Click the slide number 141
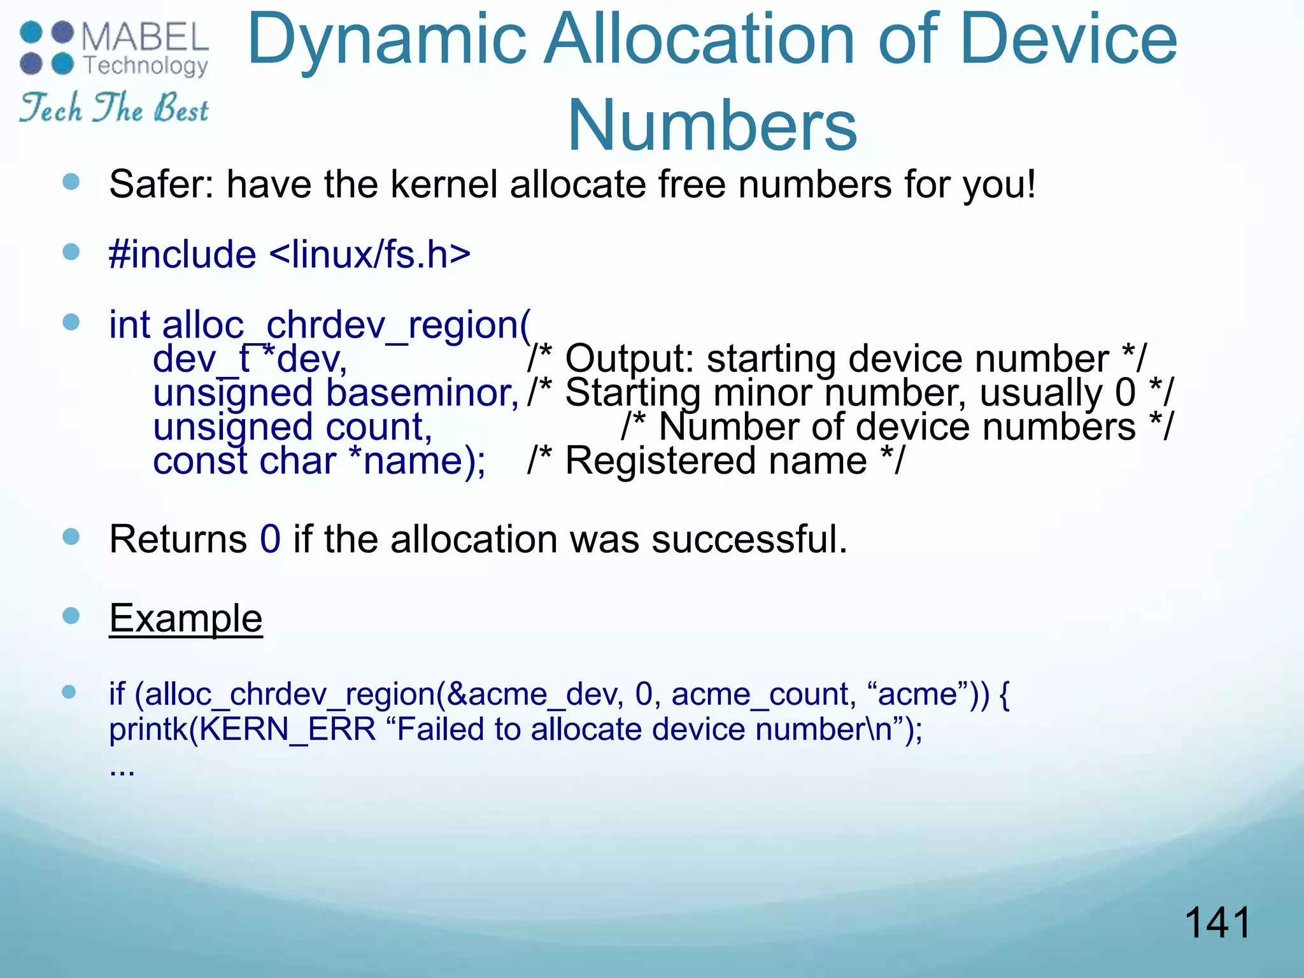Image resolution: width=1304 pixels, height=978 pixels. pyautogui.click(x=1217, y=923)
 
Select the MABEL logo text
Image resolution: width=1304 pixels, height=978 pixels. pyautogui.click(x=145, y=37)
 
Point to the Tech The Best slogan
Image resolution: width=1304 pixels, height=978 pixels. pyautogui.click(x=113, y=108)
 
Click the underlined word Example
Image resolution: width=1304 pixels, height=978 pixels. pyautogui.click(x=185, y=618)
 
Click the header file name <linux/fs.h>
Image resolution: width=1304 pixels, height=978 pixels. pyautogui.click(x=370, y=255)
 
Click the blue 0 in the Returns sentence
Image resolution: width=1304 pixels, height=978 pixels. pyautogui.click(x=270, y=539)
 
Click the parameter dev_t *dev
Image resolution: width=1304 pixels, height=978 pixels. pyautogui.click(x=250, y=359)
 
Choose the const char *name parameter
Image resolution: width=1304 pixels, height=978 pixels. pyautogui.click(x=319, y=461)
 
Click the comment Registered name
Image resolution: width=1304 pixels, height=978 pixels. pyautogui.click(x=716, y=461)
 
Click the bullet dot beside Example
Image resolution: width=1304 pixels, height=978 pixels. pyautogui.click(x=71, y=616)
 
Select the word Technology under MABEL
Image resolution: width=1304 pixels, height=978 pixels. pyautogui.click(x=146, y=65)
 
